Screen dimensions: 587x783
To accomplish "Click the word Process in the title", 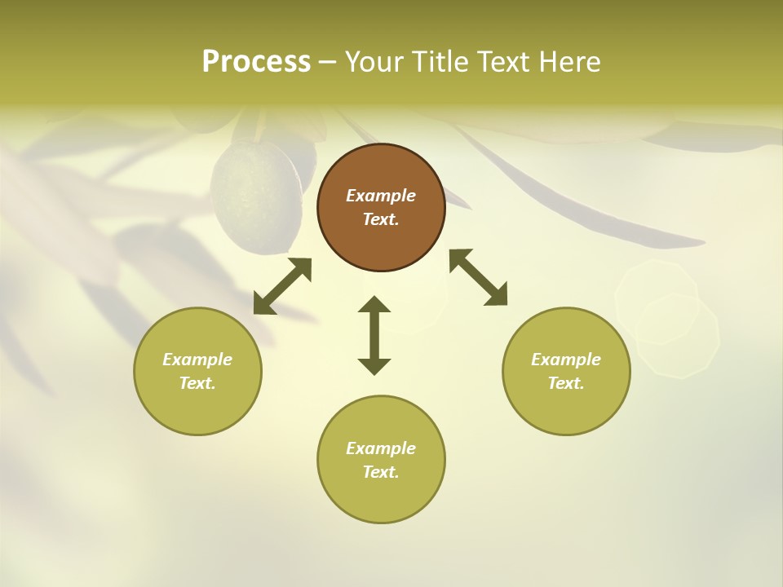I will click(256, 62).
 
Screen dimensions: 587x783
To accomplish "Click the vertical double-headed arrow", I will click(374, 335).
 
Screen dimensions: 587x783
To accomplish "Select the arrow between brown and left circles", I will click(282, 286).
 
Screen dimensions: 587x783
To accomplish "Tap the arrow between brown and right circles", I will click(478, 277).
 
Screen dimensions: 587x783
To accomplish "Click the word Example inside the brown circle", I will click(381, 196).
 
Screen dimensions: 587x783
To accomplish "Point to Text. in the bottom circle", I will click(381, 472).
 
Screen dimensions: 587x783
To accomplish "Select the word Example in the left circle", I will click(197, 360).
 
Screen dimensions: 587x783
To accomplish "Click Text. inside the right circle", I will click(566, 383).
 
